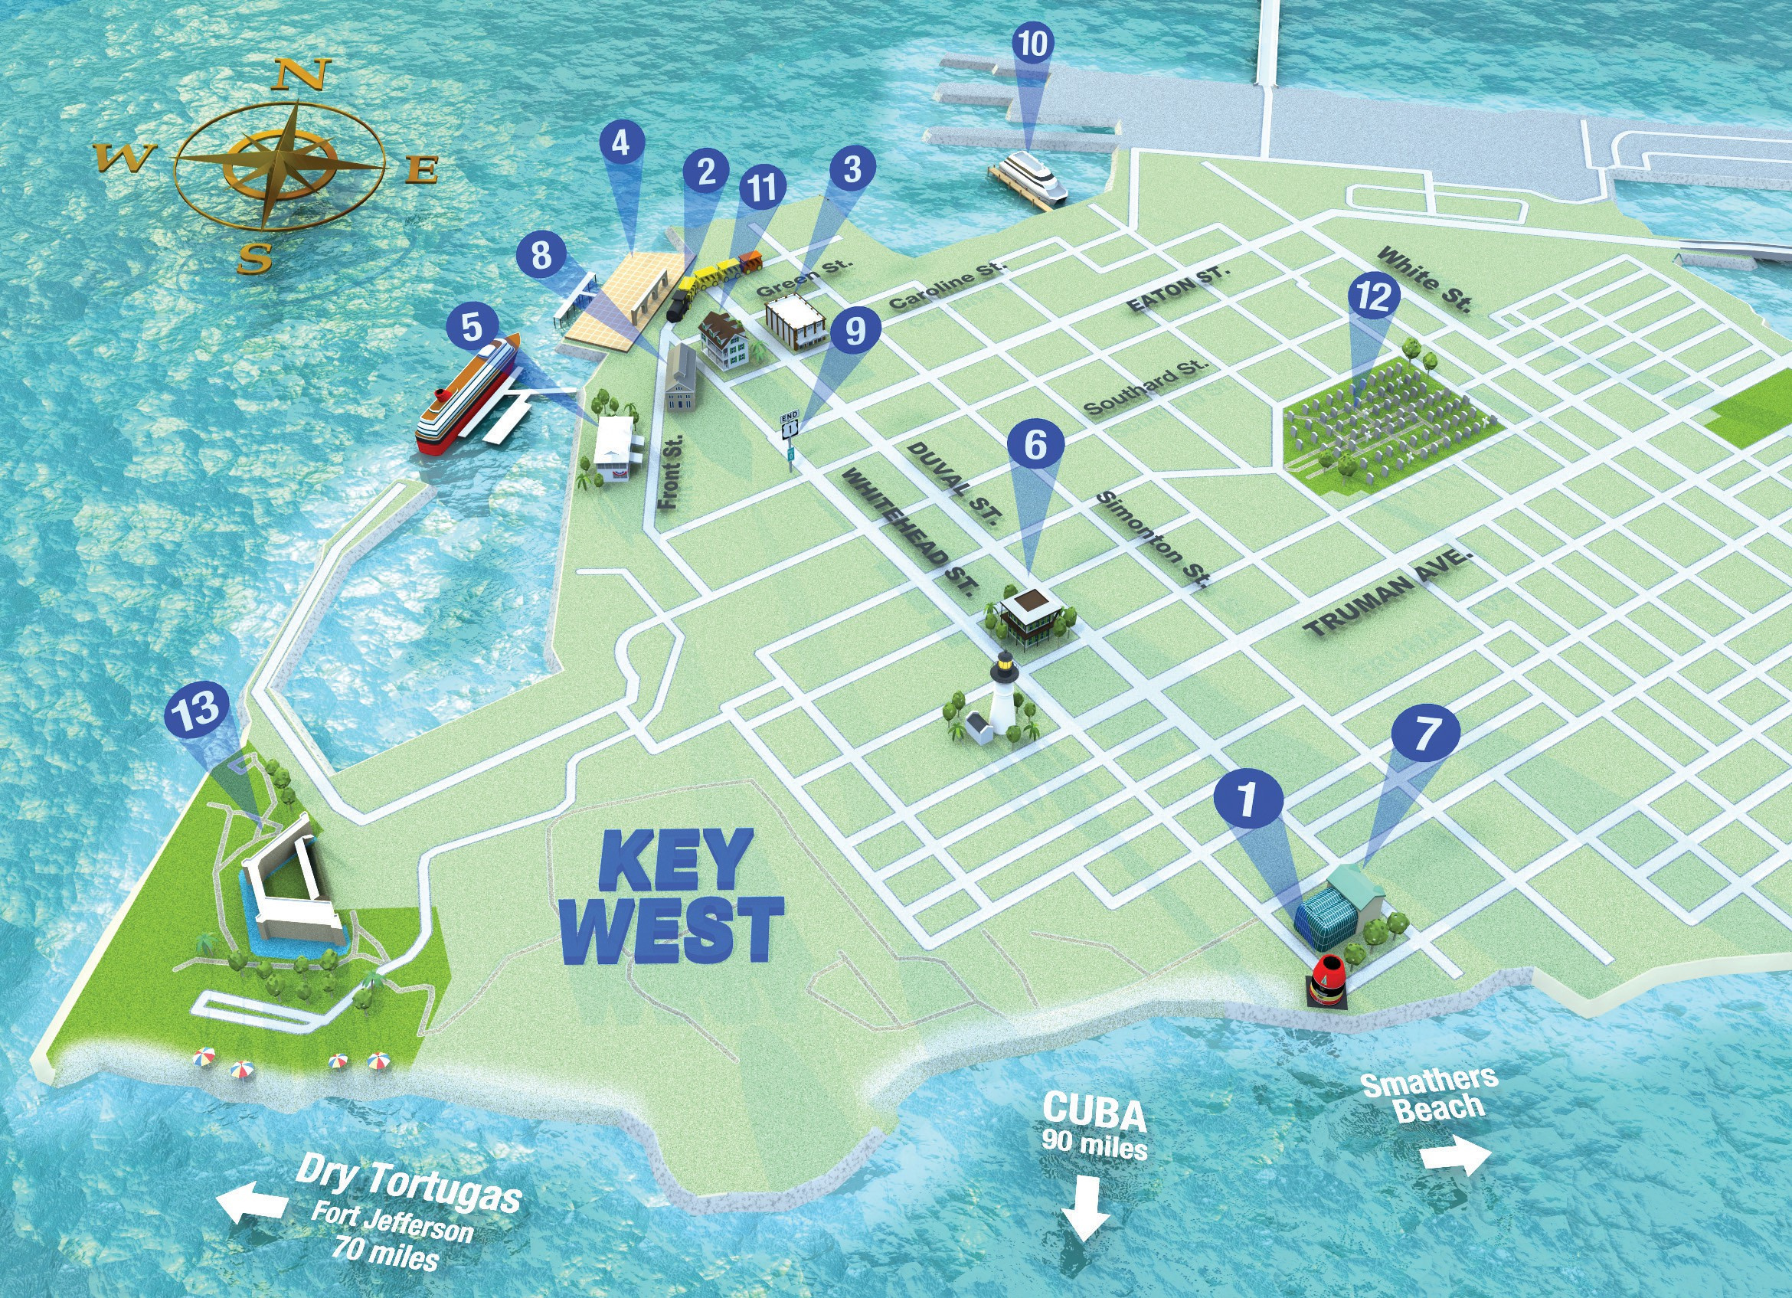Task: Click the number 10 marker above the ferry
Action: (1032, 45)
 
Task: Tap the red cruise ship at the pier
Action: (466, 395)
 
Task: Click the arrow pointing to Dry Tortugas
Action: (252, 1203)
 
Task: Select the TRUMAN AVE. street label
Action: (1388, 594)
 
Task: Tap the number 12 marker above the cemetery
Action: (1373, 297)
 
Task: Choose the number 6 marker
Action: (1035, 446)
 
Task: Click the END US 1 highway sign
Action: (790, 427)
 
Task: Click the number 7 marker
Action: (1425, 734)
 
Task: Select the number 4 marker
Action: (621, 144)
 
